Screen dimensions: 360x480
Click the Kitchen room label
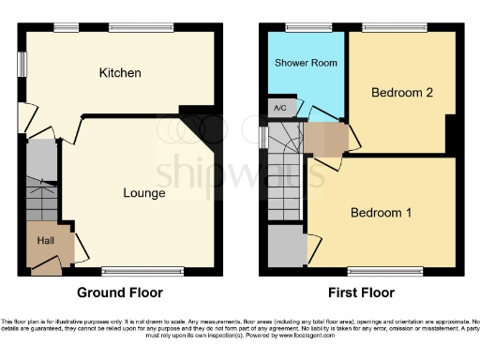click(x=120, y=72)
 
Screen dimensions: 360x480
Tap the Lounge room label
click(x=143, y=193)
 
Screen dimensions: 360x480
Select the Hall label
click(x=45, y=241)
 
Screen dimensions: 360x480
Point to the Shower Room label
click(x=306, y=63)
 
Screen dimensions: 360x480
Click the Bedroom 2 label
click(x=400, y=93)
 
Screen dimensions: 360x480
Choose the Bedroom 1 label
click(x=381, y=213)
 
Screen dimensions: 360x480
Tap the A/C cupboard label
click(x=279, y=108)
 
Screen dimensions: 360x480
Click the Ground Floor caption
click(x=119, y=292)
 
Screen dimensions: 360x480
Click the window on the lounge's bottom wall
click(x=122, y=274)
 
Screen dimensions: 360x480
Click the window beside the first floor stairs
click(x=262, y=137)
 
